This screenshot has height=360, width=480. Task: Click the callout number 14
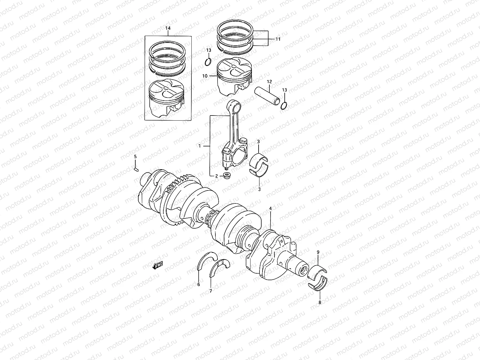(168, 28)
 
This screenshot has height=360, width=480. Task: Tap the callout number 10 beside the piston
(205, 76)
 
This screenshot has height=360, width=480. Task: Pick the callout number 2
(217, 176)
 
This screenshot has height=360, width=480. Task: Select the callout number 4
(270, 208)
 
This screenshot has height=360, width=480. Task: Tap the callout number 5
(135, 157)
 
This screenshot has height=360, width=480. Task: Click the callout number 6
(198, 284)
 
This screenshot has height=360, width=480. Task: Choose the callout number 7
(211, 291)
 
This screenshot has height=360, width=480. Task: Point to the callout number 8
(320, 303)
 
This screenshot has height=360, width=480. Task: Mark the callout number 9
(318, 253)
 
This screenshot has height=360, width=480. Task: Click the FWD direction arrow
(157, 265)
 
